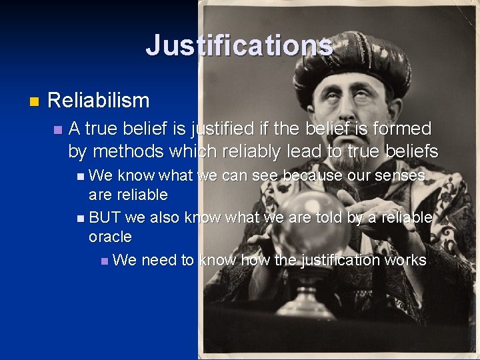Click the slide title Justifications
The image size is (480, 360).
pyautogui.click(x=239, y=45)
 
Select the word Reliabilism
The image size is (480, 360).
pyautogui.click(x=99, y=101)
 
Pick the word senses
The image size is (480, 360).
pyautogui.click(x=400, y=176)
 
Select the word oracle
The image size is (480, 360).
pyautogui.click(x=110, y=237)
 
